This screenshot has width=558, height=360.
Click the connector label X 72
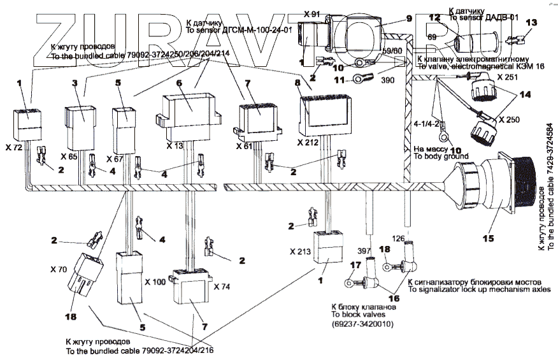[14, 147]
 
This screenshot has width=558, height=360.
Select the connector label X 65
[70, 155]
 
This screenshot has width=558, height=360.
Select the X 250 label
[510, 120]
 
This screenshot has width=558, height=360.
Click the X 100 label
[155, 281]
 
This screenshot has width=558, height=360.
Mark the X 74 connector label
[222, 286]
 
